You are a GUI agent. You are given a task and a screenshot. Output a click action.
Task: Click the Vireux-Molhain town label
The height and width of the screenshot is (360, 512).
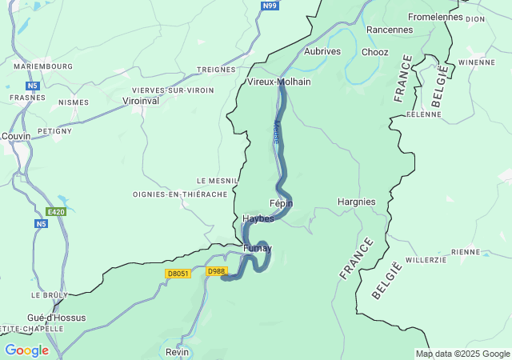(x=278, y=82)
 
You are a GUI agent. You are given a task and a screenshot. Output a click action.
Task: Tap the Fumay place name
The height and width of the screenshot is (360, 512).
(x=257, y=248)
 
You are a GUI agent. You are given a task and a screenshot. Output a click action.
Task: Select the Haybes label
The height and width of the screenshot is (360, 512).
(x=258, y=218)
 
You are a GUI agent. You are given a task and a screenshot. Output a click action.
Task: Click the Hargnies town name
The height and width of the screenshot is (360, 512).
(x=357, y=202)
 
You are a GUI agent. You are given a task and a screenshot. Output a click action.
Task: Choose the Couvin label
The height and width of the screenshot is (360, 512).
(x=16, y=136)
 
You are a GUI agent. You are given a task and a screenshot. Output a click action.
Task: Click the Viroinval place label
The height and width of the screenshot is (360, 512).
(x=141, y=102)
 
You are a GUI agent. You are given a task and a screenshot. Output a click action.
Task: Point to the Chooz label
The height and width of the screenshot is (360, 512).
(x=374, y=52)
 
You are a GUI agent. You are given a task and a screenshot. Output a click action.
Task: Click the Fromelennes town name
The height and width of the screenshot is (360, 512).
(x=435, y=17)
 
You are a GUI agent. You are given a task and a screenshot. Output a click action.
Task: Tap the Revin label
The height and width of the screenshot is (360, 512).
(x=177, y=352)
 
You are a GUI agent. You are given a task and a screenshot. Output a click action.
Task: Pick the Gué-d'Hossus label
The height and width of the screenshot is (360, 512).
(x=56, y=318)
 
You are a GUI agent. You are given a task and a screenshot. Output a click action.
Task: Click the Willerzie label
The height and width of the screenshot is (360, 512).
(x=426, y=260)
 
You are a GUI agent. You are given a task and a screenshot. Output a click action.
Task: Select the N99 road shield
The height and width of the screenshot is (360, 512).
(x=270, y=6)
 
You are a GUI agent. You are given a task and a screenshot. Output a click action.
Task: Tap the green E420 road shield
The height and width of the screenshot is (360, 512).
(x=55, y=212)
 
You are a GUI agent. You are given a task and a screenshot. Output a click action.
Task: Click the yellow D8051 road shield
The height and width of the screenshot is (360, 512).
(x=178, y=273)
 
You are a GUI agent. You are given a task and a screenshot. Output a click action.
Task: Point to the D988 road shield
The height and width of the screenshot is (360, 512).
(x=216, y=272)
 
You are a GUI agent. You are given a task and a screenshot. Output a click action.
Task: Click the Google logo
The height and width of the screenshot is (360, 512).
(x=26, y=350)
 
